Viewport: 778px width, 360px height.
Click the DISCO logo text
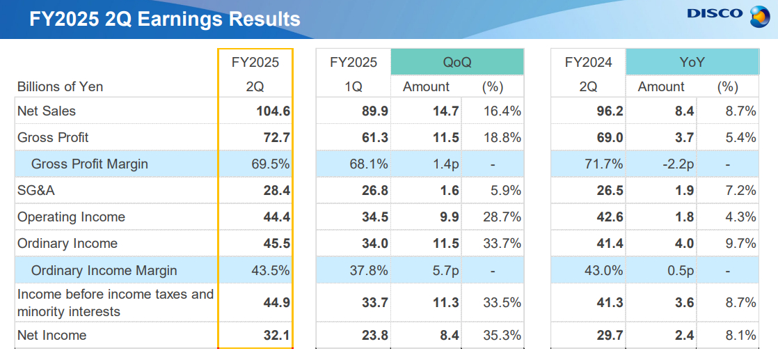(x=715, y=13)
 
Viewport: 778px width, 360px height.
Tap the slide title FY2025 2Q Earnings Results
(x=165, y=19)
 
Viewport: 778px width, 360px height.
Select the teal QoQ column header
(x=457, y=62)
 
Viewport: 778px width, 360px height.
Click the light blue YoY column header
(x=692, y=62)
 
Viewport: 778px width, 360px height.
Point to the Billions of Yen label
(x=60, y=86)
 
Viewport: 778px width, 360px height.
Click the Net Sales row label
(x=47, y=111)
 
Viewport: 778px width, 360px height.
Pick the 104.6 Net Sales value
(x=273, y=111)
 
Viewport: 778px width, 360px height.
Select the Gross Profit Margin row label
(x=90, y=164)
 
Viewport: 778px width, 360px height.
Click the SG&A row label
(x=36, y=191)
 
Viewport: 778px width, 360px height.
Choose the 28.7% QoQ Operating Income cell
(x=502, y=217)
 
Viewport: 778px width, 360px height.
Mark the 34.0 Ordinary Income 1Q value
(x=374, y=243)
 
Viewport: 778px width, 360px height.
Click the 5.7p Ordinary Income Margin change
(x=443, y=270)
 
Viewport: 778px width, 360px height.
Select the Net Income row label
(x=52, y=335)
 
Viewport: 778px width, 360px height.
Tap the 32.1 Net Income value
(x=276, y=335)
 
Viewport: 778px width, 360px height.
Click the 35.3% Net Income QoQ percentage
(x=502, y=335)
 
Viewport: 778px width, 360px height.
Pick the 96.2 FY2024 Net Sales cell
(x=609, y=111)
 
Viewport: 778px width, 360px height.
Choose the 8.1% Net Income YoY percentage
(x=740, y=335)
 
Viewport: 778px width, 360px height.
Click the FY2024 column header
(x=588, y=62)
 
